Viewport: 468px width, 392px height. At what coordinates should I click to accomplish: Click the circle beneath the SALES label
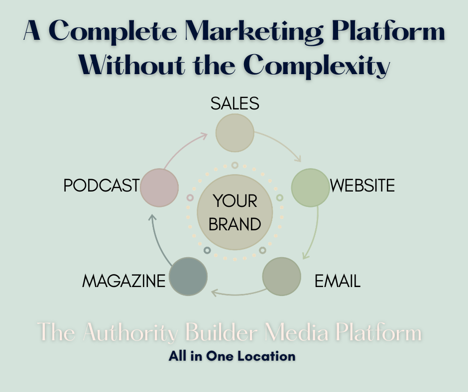pos(234,133)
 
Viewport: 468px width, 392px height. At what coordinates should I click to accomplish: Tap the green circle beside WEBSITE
pos(310,188)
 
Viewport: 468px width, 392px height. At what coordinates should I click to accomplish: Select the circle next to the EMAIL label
pos(281,276)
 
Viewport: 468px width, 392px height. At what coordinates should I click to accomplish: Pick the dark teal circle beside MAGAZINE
pos(188,276)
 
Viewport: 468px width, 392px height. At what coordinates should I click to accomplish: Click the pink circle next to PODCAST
pos(159,187)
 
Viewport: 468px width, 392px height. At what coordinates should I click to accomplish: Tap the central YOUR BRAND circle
pos(234,212)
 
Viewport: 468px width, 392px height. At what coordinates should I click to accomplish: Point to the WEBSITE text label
pos(362,186)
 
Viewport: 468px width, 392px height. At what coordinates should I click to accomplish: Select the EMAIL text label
pos(337,282)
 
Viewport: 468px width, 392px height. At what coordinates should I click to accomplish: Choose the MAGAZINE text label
pos(123,282)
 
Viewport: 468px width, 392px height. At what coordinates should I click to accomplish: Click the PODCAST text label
pos(101,186)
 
